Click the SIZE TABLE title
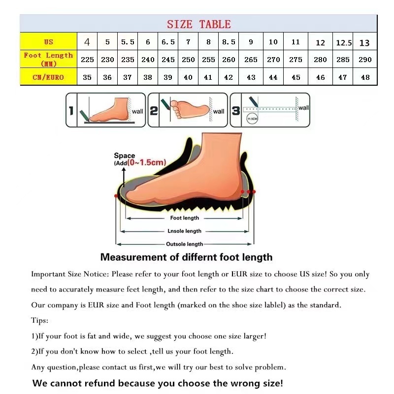click(198, 24)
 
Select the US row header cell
click(48, 42)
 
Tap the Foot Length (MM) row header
click(48, 59)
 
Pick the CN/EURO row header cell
click(48, 77)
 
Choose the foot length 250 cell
click(188, 60)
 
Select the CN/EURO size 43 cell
click(251, 77)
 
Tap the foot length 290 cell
click(365, 60)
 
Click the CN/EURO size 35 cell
click(87, 77)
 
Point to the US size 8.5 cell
click(229, 42)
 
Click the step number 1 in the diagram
click(71, 111)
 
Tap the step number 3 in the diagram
click(236, 111)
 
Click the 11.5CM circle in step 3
click(252, 118)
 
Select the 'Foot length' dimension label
click(185, 218)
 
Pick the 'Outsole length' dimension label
click(185, 244)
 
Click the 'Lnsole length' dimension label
click(185, 231)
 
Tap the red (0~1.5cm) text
click(147, 163)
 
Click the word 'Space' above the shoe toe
click(124, 156)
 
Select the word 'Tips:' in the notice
click(40, 321)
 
